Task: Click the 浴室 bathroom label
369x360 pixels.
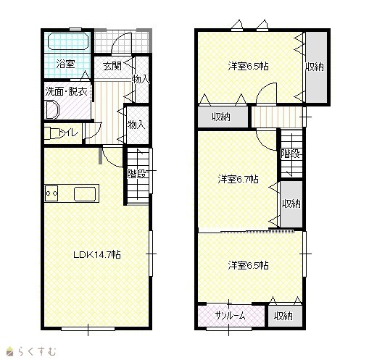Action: coord(65,64)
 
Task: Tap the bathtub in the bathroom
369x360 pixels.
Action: coord(69,41)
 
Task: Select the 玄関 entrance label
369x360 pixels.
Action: coord(112,66)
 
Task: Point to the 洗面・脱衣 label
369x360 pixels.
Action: coord(66,92)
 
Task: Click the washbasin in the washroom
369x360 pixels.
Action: coord(52,110)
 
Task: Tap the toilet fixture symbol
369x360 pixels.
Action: coord(51,133)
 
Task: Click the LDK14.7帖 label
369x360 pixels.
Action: coord(97,254)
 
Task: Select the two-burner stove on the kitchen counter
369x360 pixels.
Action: coord(51,193)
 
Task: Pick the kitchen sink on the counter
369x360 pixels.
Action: coord(85,194)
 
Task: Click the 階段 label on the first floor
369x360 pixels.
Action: coord(137,174)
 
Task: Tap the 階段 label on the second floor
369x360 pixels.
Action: coord(291,154)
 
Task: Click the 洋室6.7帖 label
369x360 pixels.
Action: coord(239,179)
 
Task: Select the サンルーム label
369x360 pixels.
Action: coord(230,316)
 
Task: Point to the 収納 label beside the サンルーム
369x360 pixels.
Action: coord(283,316)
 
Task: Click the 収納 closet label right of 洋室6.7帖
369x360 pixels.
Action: coord(291,204)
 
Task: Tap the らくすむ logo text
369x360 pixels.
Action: coord(37,351)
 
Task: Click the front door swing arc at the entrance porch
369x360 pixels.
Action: coord(118,38)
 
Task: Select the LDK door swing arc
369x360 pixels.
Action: coord(109,161)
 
